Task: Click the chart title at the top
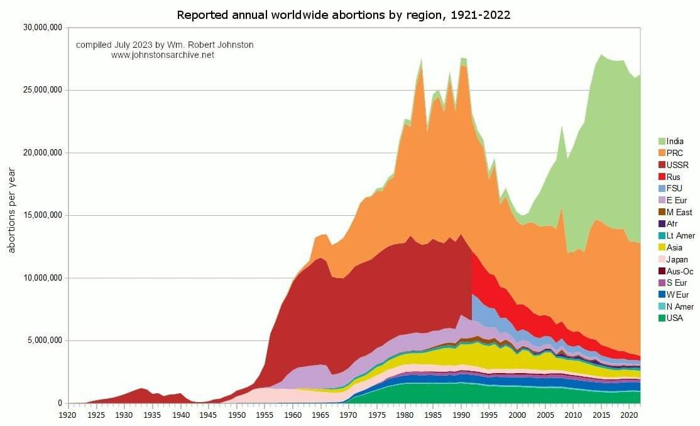point(343,14)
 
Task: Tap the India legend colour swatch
point(662,142)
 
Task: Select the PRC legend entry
point(675,153)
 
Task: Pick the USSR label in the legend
point(677,165)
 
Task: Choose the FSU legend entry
point(675,189)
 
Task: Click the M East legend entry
point(679,212)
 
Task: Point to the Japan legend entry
point(677,259)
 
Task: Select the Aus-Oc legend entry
point(680,271)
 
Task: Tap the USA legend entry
point(675,318)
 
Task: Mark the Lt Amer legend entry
point(679,235)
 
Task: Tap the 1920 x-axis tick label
point(67,415)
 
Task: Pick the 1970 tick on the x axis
point(348,415)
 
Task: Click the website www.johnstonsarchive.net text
point(163,55)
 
